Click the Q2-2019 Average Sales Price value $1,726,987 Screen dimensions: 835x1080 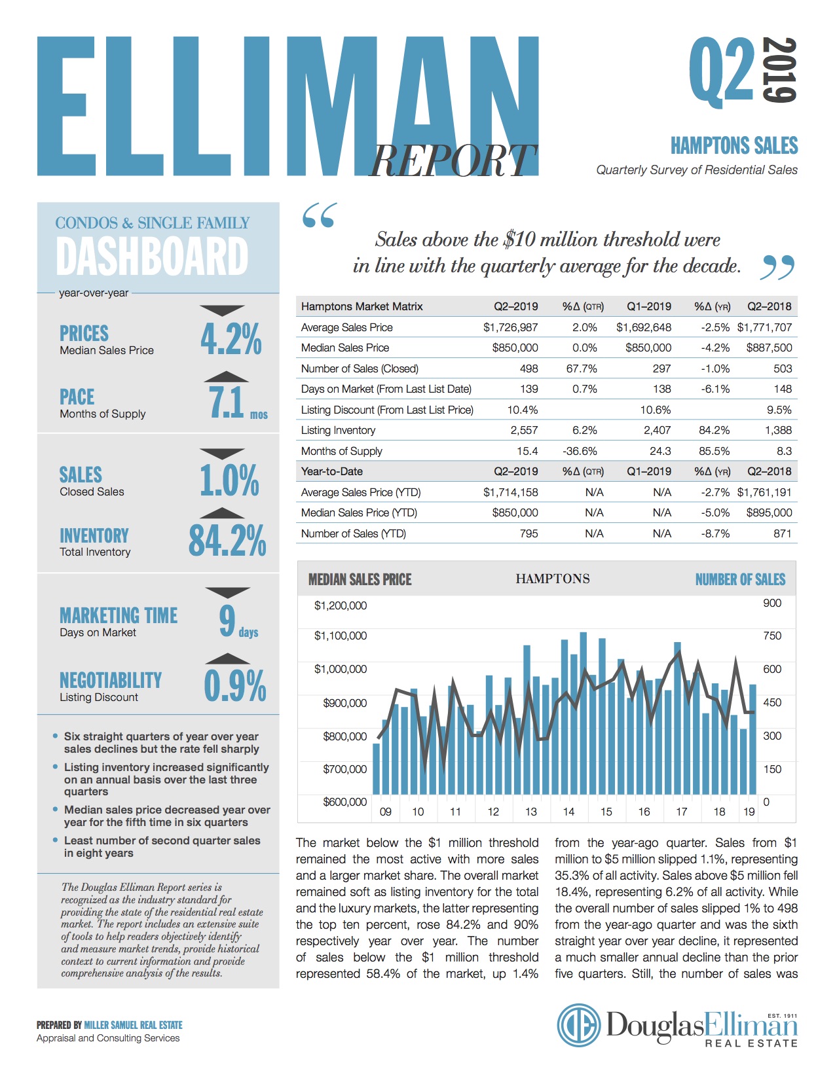[510, 327]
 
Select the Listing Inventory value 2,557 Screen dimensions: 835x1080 [524, 430]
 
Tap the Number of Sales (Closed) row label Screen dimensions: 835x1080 [360, 369]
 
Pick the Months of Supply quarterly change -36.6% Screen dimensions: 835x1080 [580, 451]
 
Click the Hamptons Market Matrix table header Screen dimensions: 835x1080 [362, 306]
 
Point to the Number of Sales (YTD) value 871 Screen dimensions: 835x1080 [783, 533]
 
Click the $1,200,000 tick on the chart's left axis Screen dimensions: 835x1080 [340, 605]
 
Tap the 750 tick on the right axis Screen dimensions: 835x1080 [772, 636]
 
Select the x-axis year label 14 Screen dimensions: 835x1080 [568, 812]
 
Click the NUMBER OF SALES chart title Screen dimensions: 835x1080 [740, 579]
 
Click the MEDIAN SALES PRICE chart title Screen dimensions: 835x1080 [360, 579]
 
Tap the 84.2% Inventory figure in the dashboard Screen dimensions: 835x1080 [227, 540]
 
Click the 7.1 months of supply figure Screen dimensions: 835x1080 [227, 402]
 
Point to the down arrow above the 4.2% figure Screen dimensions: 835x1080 [222, 310]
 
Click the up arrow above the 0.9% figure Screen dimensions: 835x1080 [227, 658]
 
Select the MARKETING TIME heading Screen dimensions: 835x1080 [119, 615]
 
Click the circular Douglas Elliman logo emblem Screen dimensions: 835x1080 [579, 1025]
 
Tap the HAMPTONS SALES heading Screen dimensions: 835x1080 [734, 145]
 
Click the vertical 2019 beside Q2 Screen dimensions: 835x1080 [779, 70]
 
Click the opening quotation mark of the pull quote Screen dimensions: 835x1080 [320, 215]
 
